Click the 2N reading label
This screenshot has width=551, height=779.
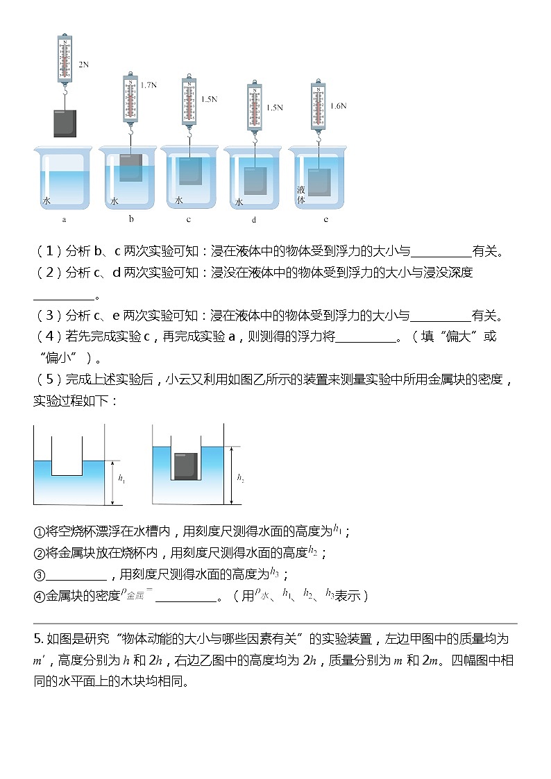pos(83,65)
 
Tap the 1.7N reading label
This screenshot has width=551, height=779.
pos(148,85)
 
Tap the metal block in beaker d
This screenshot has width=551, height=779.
pos(255,180)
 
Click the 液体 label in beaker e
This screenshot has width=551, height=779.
pos(300,194)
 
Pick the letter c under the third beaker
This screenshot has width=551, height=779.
pos(189,219)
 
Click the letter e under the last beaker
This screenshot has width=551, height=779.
pos(325,219)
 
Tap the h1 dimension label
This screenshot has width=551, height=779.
pos(121,479)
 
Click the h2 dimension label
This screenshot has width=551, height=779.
pos(241,478)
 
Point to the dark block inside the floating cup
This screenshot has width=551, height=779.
pos(185,466)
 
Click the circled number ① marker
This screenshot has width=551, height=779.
pos(39,532)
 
